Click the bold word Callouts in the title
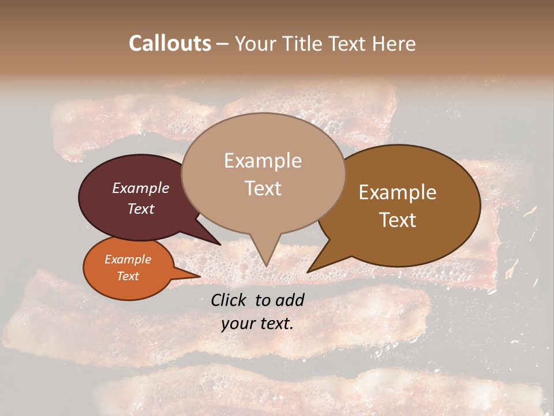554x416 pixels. (x=170, y=43)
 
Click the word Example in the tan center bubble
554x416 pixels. (x=263, y=161)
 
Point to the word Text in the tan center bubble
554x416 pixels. (x=263, y=188)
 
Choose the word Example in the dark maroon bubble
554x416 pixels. (x=141, y=188)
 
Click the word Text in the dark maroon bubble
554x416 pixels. (x=141, y=209)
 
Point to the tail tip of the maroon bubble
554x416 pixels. (x=220, y=244)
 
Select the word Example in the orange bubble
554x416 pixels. (x=128, y=259)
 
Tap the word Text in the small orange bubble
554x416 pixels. (x=128, y=276)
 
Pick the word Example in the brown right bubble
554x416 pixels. (x=398, y=192)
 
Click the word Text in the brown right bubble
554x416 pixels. (x=398, y=220)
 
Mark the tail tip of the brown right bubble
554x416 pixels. (x=308, y=272)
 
